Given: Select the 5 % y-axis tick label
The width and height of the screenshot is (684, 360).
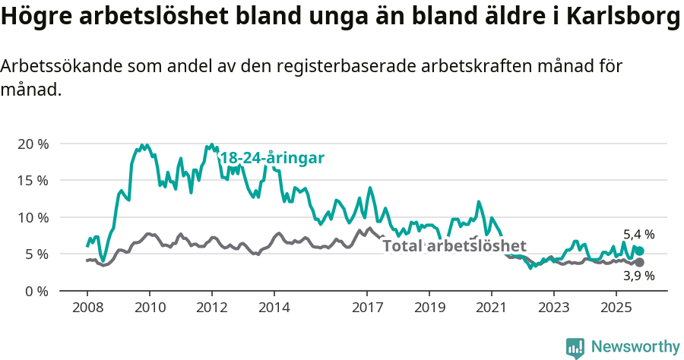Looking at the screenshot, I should point(36,254).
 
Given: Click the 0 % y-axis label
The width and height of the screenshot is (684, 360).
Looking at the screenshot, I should point(36,291).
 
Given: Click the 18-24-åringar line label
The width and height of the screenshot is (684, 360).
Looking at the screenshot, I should point(272,158).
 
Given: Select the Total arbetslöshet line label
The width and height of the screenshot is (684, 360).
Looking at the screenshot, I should point(454,246).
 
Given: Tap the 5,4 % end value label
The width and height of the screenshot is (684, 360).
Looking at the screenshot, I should point(638,234).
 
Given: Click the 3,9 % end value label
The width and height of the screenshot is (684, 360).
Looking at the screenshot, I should point(638,276).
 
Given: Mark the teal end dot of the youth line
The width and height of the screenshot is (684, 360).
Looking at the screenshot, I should point(640,251).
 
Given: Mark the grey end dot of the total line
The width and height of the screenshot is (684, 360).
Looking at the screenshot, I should point(640,262).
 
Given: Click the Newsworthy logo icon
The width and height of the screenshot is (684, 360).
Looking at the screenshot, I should point(575,347).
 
